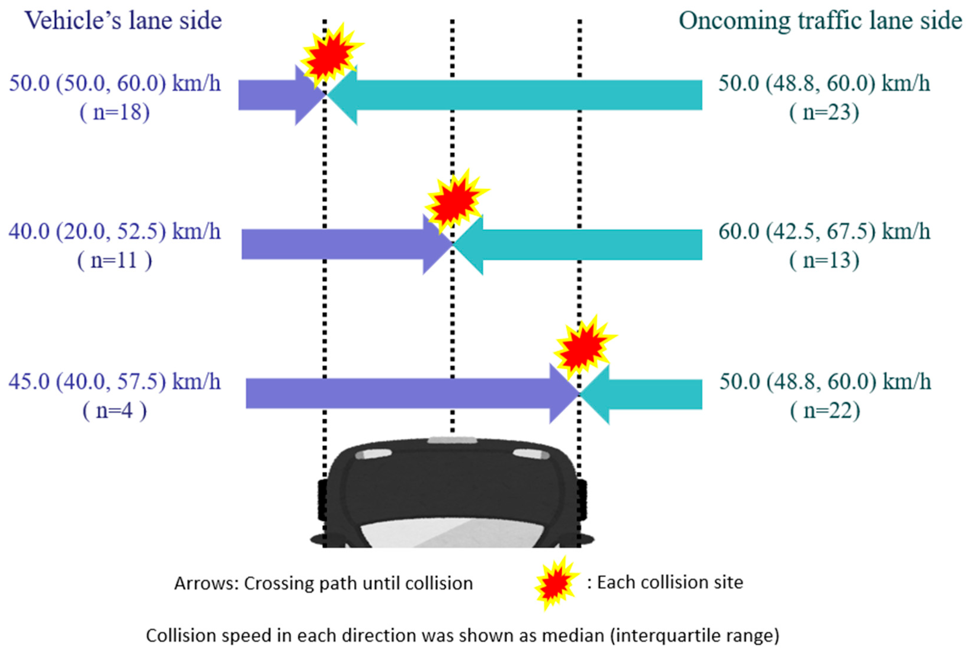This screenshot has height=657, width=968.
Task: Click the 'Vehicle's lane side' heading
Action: coord(123,21)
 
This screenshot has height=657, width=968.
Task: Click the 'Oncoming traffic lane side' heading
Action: coord(820,21)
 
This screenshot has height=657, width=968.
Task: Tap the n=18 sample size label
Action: coord(115,113)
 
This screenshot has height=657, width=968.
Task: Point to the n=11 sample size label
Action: coord(115,261)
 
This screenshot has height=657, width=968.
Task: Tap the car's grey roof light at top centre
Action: coord(452,440)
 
